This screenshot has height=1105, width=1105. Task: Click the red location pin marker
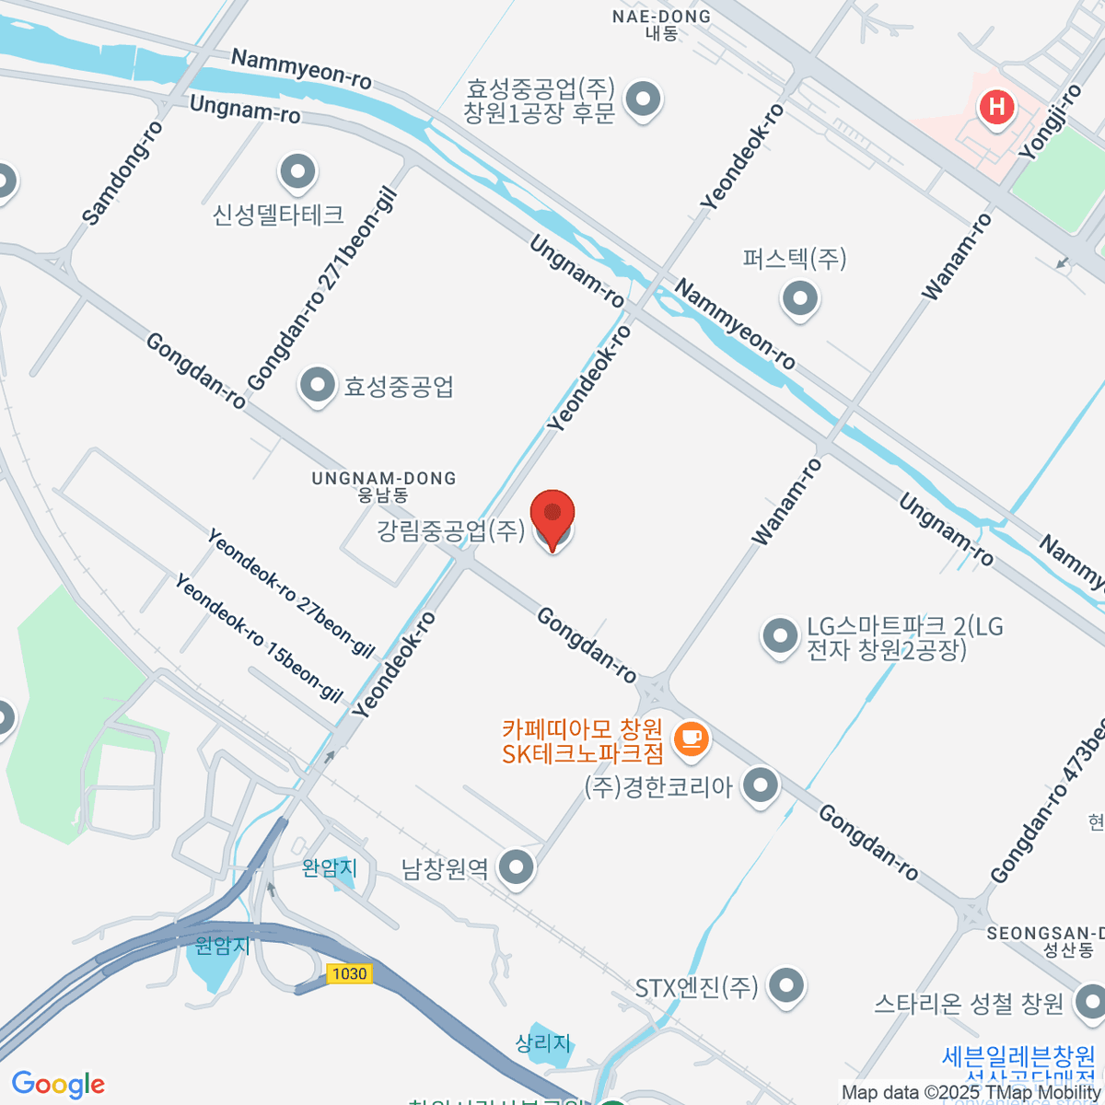552,516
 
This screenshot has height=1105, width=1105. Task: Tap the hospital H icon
995,107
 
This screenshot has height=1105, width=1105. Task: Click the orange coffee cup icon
691,739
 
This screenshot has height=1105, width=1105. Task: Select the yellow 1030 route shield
349,973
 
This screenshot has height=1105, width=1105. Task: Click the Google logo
59,1085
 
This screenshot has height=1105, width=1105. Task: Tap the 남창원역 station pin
516,867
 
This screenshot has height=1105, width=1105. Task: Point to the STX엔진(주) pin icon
785,985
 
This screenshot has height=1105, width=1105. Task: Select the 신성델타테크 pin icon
297,172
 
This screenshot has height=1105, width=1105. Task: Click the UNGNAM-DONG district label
383,479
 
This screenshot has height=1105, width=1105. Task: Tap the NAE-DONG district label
662,17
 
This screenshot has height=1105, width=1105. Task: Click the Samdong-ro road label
122,173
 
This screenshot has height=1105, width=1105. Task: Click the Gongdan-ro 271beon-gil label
321,288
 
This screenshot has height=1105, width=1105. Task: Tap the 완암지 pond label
329,867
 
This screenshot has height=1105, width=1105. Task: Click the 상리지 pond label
543,1042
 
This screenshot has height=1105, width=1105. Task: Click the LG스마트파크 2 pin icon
780,635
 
